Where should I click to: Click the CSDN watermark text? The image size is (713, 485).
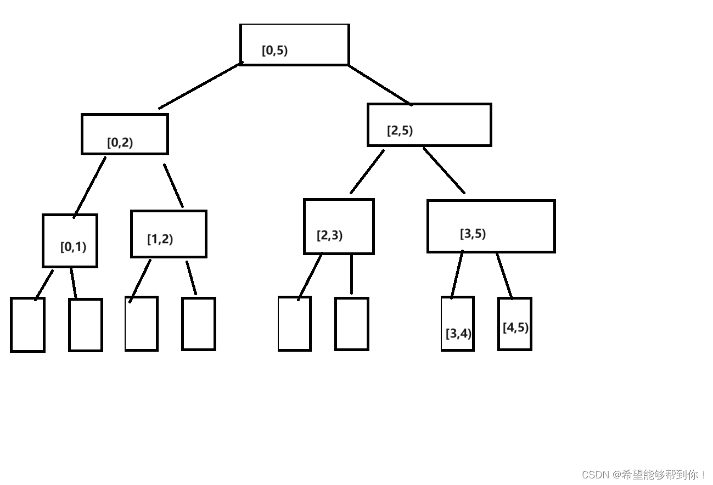click(x=644, y=475)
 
